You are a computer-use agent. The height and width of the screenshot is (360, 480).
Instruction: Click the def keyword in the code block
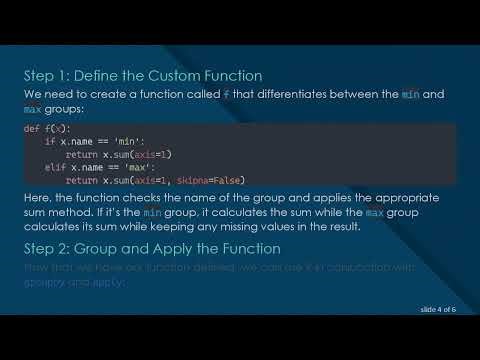click(31, 130)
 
